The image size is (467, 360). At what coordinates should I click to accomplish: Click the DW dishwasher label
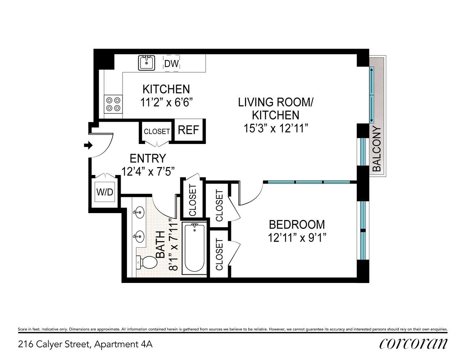tap(172, 64)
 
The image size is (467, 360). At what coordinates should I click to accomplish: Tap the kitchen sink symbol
tap(147, 63)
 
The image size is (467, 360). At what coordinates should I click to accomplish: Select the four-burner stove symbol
tap(113, 104)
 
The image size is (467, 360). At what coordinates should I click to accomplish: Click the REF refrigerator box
tap(188, 130)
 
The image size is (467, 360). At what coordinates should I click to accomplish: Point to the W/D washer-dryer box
tap(104, 192)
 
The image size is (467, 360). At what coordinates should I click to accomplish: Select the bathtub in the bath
tap(194, 248)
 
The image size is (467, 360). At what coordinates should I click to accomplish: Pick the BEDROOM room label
tap(297, 225)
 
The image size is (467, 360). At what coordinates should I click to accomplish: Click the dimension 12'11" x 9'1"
tap(297, 238)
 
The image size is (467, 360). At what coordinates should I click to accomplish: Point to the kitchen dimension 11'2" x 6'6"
tap(166, 103)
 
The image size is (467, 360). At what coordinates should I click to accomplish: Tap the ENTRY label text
tap(148, 158)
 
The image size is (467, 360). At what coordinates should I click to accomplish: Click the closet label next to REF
tap(157, 131)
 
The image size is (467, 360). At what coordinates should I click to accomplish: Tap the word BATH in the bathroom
tap(160, 244)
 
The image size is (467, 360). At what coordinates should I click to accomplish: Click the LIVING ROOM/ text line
tap(276, 102)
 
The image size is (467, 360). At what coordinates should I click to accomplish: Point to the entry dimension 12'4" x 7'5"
tap(148, 172)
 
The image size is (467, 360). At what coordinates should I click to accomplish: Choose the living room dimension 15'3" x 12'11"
tap(276, 128)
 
